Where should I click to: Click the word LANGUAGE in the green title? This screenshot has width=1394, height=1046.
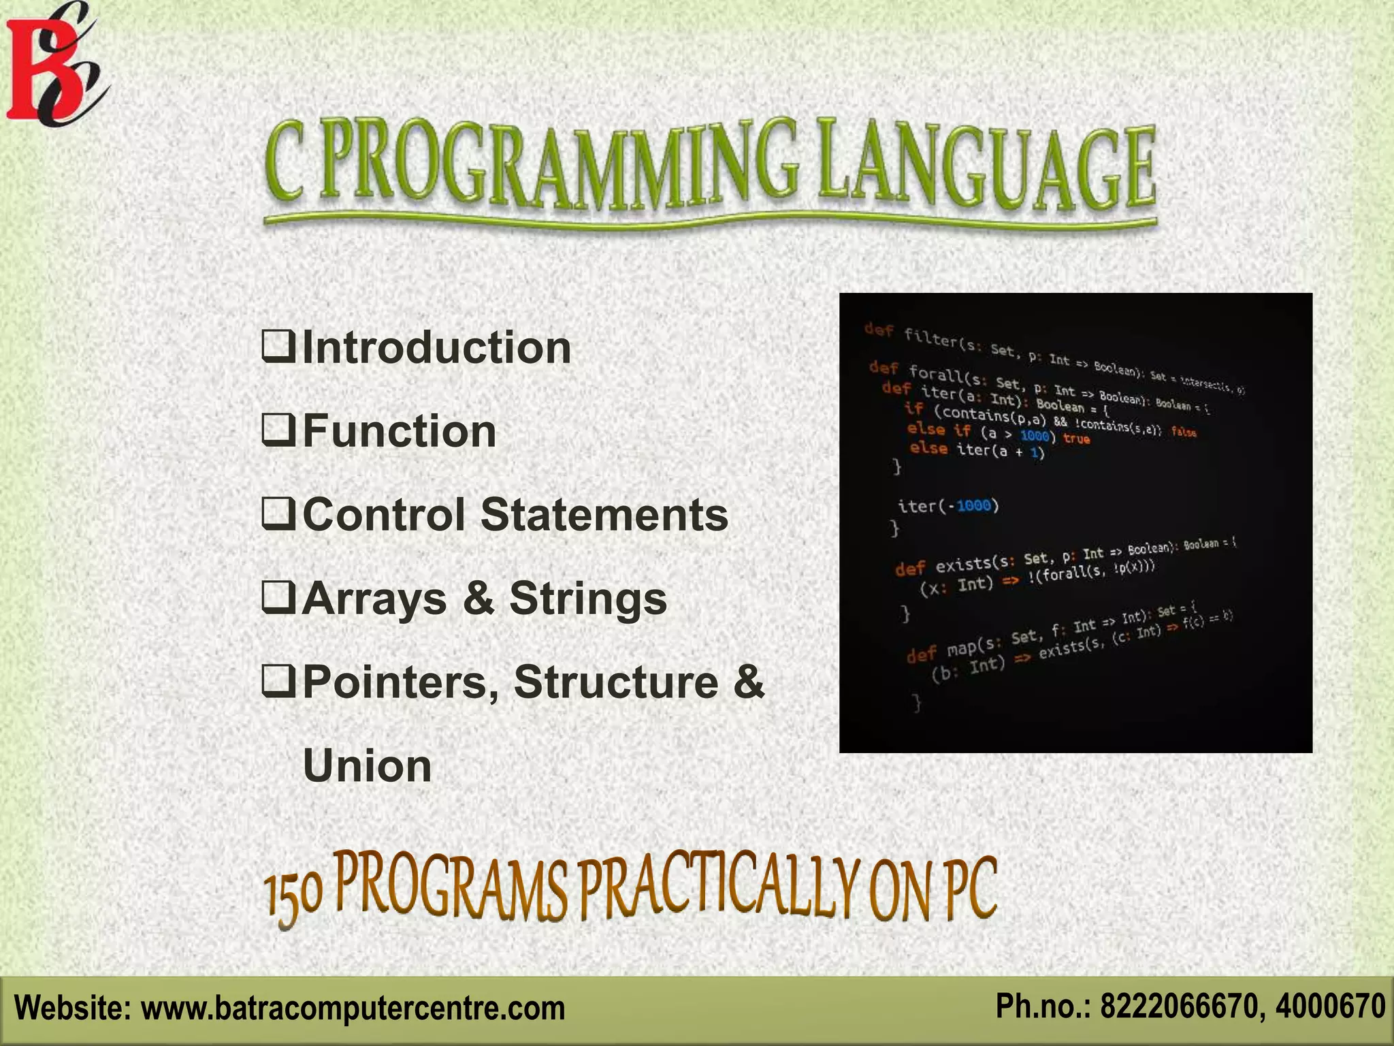click(987, 167)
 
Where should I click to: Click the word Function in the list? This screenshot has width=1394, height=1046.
click(400, 431)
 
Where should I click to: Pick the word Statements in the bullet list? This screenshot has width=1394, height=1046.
click(604, 514)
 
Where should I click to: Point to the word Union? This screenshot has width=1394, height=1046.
click(367, 766)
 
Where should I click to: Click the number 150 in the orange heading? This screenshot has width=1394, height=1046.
click(293, 898)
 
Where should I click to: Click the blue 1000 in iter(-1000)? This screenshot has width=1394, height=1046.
click(973, 505)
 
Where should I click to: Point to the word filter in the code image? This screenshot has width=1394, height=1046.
click(930, 338)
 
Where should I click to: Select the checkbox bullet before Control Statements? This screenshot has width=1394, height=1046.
click(278, 514)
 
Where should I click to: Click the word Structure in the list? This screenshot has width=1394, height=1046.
click(616, 682)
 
